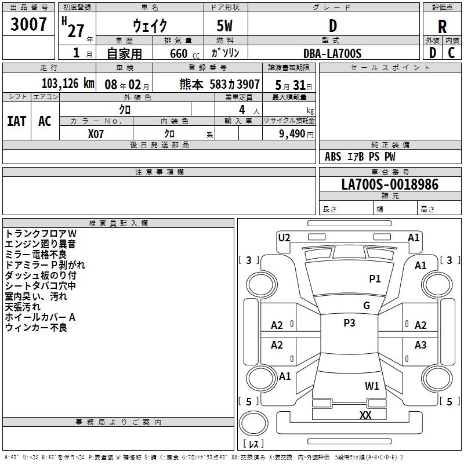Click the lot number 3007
tap(29, 25)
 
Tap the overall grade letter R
tap(443, 27)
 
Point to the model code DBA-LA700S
tap(333, 53)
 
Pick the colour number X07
tap(96, 133)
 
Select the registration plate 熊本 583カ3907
tap(220, 84)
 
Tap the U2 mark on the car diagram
tap(284, 237)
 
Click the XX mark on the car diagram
tap(365, 415)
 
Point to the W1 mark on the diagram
tap(372, 386)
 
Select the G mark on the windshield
tap(367, 306)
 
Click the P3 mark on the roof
tap(349, 323)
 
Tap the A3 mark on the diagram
tap(420, 345)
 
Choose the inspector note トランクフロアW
tap(41, 233)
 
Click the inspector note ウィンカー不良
tap(36, 328)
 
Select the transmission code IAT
tap(17, 121)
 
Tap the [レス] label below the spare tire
tap(253, 444)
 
